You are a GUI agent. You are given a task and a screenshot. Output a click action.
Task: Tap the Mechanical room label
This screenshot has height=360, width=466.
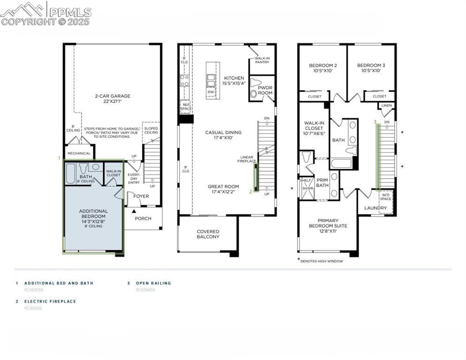[79, 153]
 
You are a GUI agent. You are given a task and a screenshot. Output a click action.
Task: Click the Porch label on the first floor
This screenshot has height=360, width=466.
[143, 218]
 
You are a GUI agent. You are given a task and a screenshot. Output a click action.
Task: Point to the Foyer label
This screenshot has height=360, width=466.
[141, 196]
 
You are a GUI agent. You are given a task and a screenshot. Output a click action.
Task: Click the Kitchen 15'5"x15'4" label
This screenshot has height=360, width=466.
[233, 81]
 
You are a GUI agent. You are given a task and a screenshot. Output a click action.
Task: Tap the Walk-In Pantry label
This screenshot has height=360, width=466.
[262, 60]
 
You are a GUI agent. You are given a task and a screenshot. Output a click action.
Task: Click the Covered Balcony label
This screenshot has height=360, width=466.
[208, 234]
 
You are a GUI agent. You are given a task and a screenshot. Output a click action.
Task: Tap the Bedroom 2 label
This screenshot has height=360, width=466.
[323, 68]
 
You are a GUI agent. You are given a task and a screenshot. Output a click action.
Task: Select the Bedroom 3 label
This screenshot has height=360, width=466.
[371, 68]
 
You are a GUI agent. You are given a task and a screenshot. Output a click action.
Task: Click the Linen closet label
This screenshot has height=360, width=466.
[387, 106]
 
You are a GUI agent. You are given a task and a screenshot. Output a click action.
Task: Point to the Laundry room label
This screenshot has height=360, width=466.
[376, 208]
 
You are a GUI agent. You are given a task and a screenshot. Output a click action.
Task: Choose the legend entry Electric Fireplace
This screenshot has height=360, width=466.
[50, 301]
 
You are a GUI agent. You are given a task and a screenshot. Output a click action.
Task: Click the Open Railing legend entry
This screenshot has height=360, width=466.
[153, 283]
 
